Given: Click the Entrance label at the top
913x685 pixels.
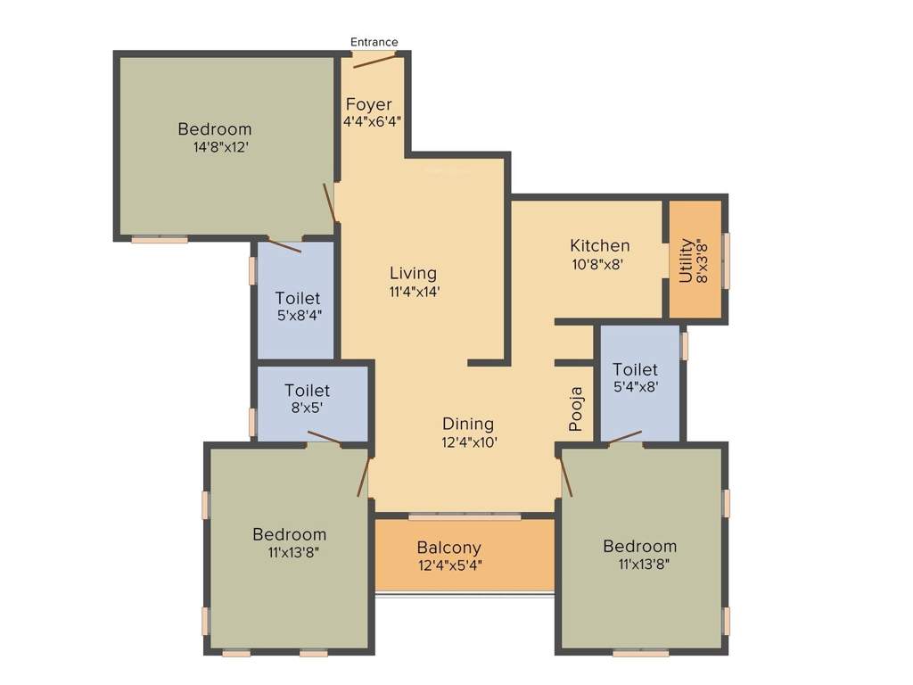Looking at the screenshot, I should pos(374,42).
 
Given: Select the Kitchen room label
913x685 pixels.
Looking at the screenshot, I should pos(600,245).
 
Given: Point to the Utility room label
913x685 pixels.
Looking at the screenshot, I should pos(686,260).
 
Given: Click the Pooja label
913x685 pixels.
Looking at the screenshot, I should pos(577,409).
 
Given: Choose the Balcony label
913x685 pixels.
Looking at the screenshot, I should pos(449,548).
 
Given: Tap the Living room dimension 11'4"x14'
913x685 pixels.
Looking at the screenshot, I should pos(413,291).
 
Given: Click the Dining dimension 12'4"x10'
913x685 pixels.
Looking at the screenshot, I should pos(467,442).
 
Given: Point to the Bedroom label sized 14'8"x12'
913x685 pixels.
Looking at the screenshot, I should pos(214,129).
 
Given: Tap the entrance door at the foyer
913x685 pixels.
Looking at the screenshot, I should pos(374,60).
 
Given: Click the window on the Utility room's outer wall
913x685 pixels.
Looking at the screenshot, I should pos(726,260).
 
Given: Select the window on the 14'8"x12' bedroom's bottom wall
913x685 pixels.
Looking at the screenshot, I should pos(160,239).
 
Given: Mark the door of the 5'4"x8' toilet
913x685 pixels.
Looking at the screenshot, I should pos(625,436).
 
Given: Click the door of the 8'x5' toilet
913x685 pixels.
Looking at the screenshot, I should pos(325,437).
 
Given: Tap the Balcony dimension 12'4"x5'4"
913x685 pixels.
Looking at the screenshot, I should pos(449,565).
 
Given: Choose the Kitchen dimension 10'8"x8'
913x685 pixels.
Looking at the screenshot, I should pos(600,263).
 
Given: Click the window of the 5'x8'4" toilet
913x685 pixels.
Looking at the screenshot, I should pos(252,270).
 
